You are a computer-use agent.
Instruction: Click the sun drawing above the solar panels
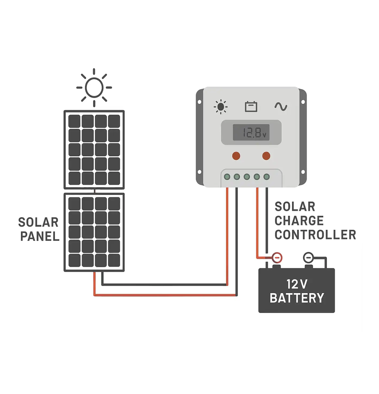(x=94, y=87)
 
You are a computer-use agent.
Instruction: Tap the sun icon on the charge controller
(x=221, y=107)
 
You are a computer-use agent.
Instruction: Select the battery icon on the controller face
(x=251, y=107)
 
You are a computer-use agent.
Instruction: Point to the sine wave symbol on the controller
(x=281, y=107)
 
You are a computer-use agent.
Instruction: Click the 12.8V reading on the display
(x=251, y=133)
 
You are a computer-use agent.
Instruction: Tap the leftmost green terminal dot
(x=227, y=177)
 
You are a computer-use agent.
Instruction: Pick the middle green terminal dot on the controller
(x=247, y=177)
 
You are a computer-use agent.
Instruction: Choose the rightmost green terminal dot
(x=267, y=177)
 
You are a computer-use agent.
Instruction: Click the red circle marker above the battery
(x=277, y=258)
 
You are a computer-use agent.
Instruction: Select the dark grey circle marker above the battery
(x=308, y=258)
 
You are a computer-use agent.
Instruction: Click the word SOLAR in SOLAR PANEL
(x=39, y=223)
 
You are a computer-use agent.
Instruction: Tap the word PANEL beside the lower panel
(x=40, y=237)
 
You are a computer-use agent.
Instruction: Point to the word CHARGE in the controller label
(x=299, y=221)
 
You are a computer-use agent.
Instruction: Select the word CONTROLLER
(x=315, y=235)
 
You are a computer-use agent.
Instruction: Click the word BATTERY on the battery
(x=297, y=298)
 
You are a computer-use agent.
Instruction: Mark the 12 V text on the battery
(x=297, y=284)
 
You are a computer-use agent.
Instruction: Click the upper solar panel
(x=94, y=149)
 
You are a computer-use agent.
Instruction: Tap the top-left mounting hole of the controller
(x=200, y=101)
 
